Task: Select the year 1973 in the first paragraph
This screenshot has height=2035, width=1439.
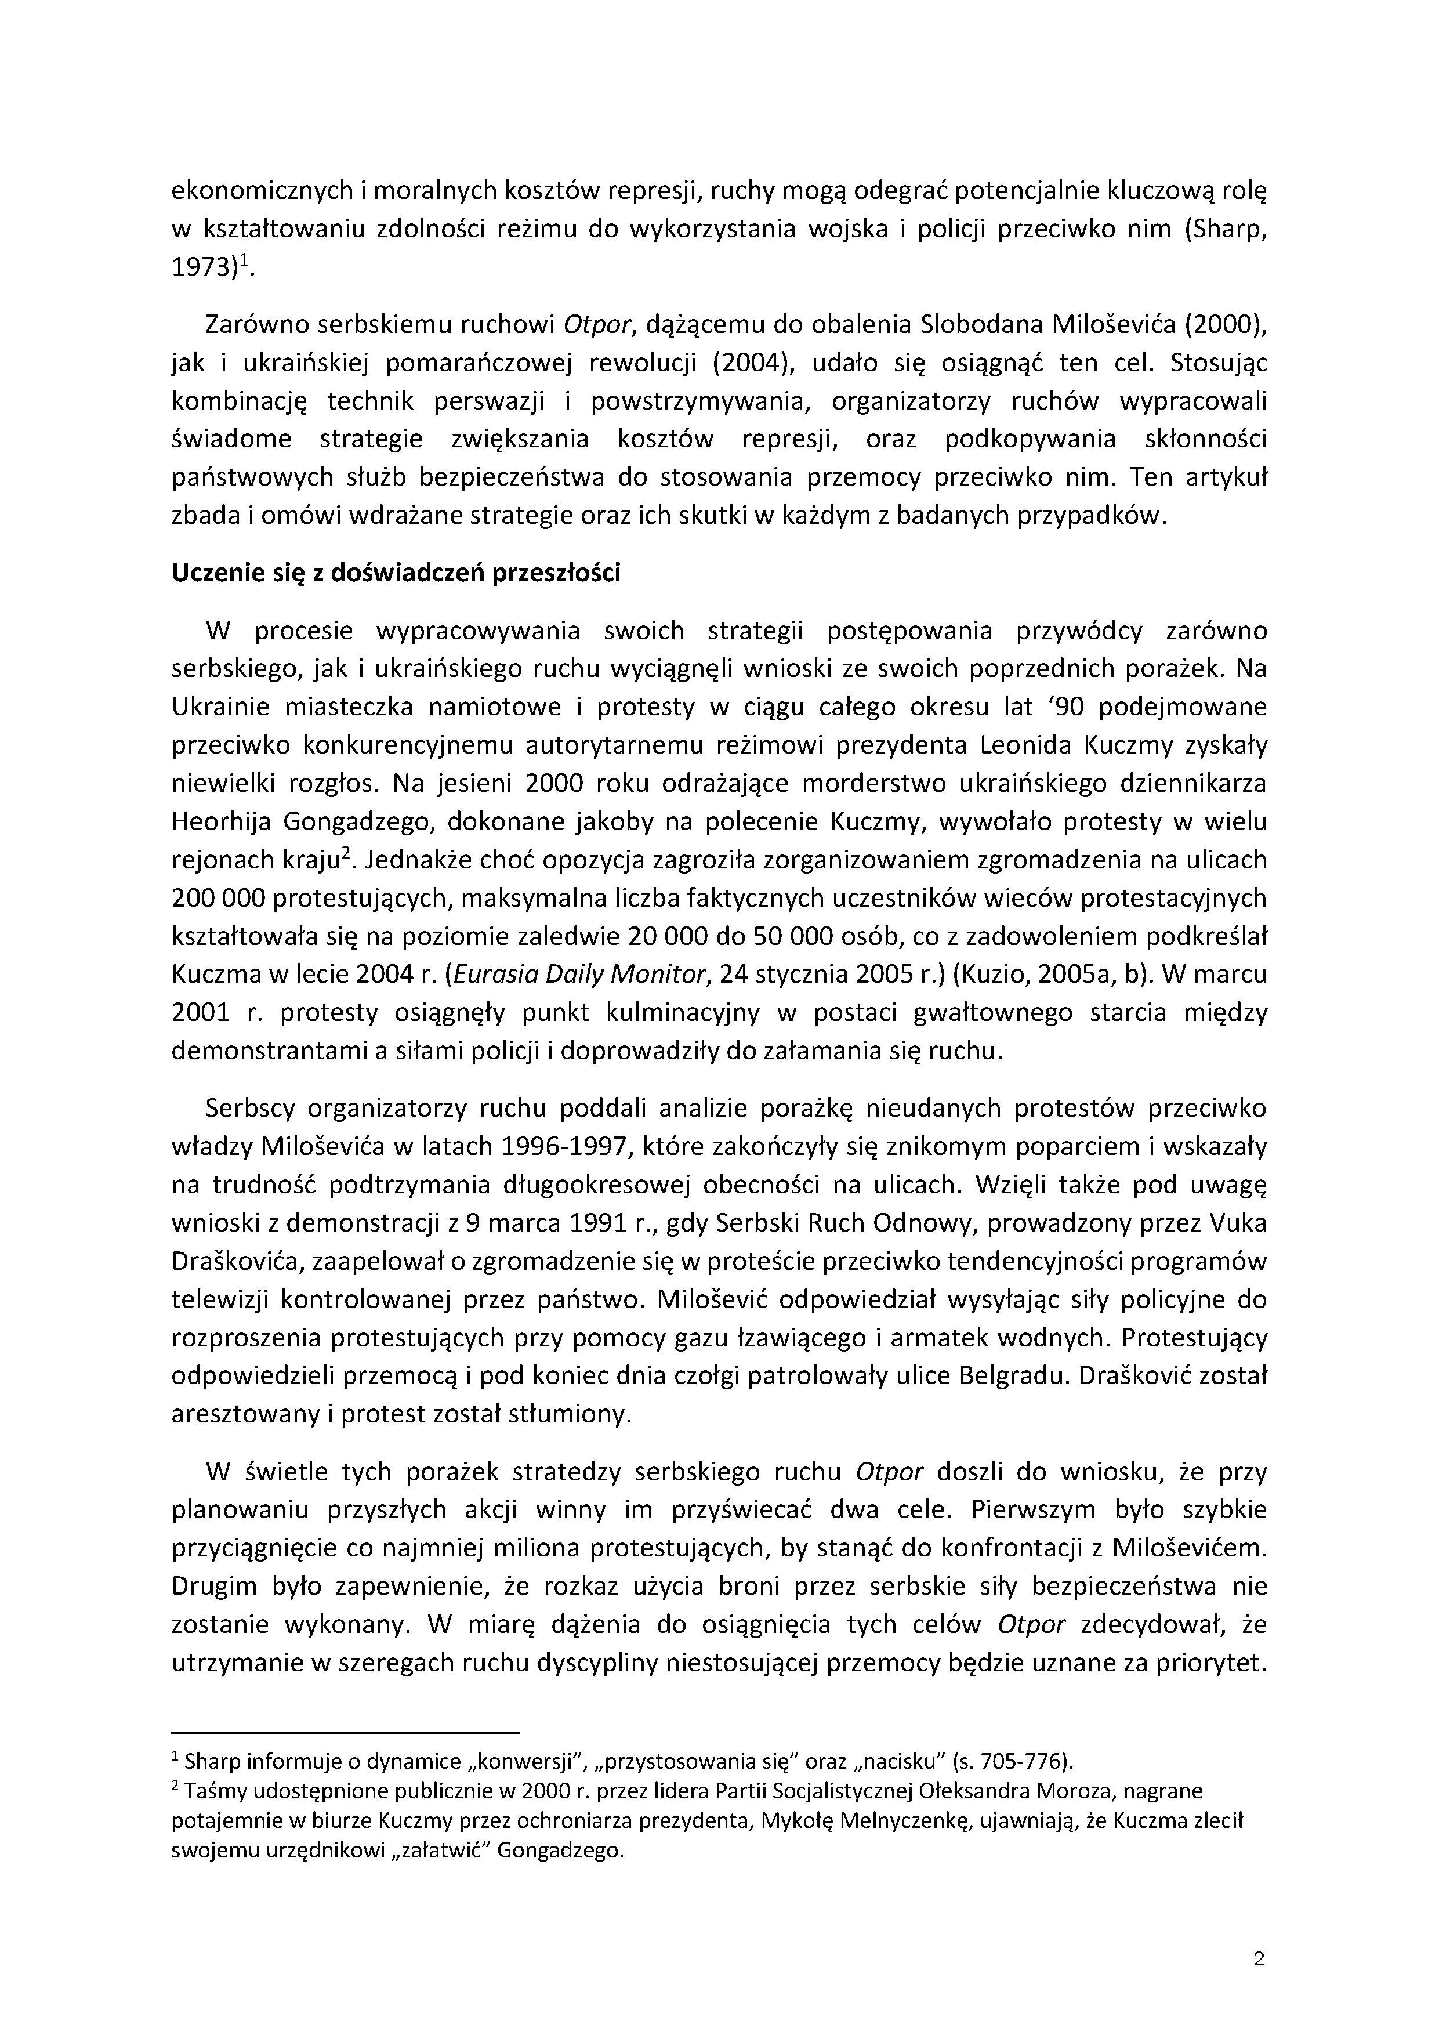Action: point(202,267)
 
